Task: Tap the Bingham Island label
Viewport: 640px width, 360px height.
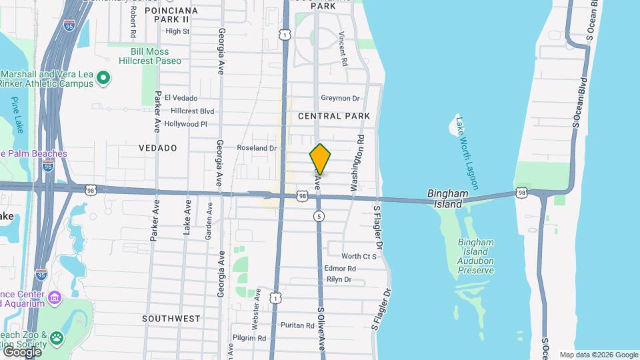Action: (x=445, y=199)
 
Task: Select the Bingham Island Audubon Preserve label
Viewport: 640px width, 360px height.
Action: (x=476, y=257)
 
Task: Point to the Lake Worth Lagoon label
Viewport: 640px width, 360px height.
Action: (x=467, y=153)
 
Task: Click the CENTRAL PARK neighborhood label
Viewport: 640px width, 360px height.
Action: (x=333, y=116)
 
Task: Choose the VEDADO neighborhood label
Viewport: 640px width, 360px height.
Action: (x=158, y=148)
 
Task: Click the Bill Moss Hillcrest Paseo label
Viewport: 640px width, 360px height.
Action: (x=149, y=56)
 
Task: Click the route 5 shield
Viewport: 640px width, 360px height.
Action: (x=319, y=216)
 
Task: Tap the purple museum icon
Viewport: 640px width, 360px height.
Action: (x=55, y=296)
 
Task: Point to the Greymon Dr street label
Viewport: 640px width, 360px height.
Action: (x=340, y=98)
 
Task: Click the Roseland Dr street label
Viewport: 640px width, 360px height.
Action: (x=257, y=148)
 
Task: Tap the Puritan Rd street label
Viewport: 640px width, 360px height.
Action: (x=297, y=325)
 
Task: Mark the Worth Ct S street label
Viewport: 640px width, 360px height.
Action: (x=359, y=256)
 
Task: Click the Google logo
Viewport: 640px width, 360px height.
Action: (x=21, y=351)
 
